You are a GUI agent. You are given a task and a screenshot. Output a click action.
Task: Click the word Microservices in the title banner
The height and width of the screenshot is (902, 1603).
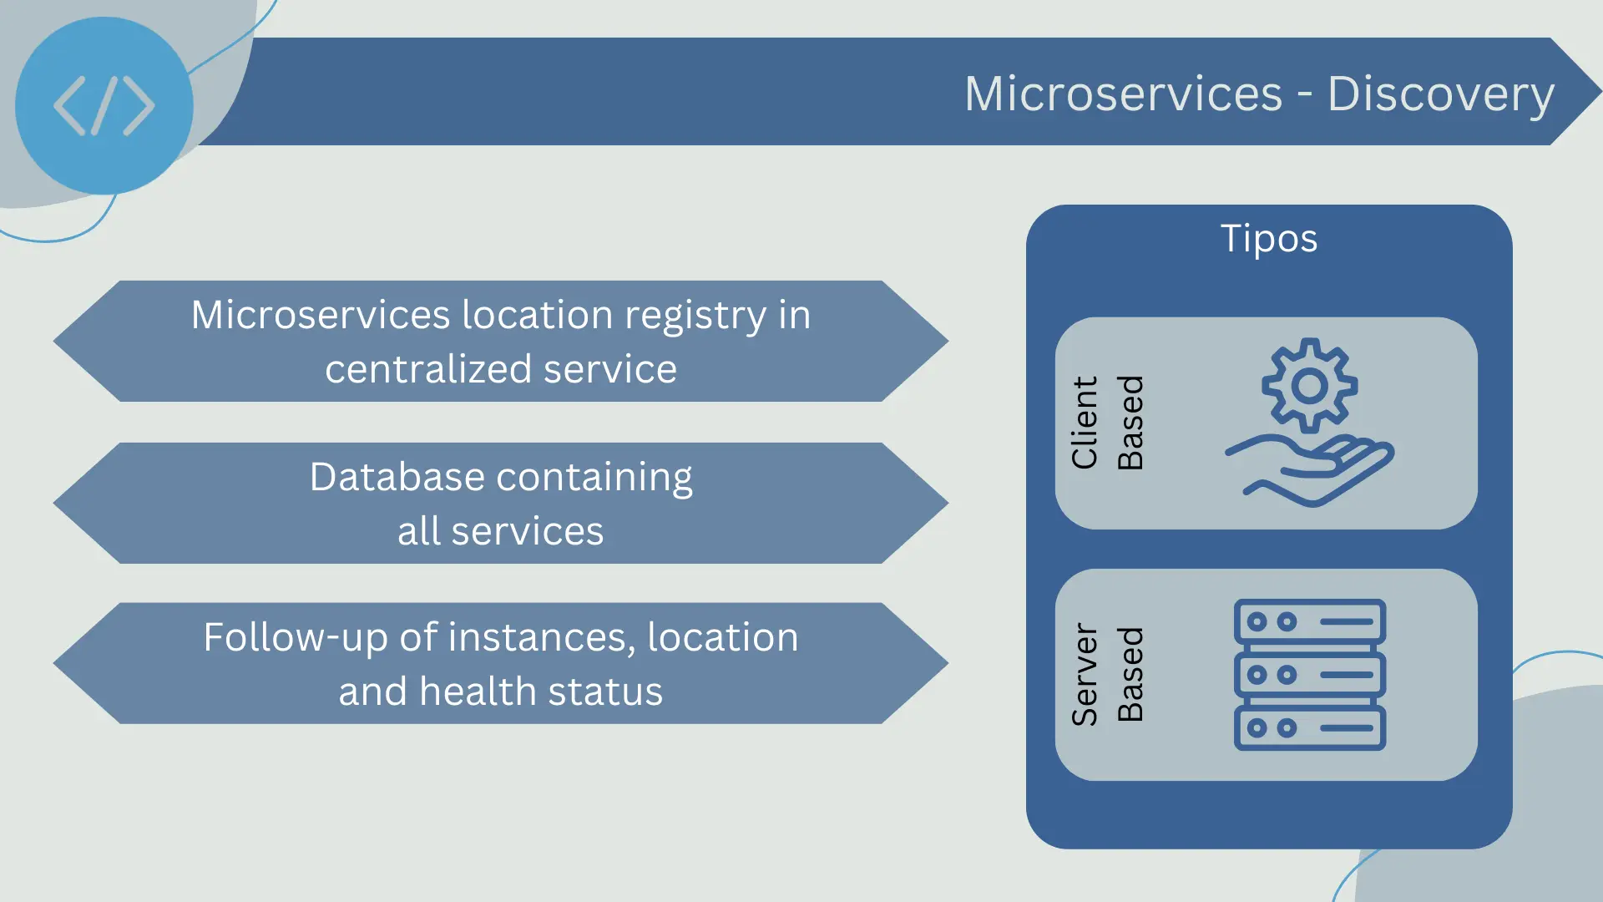pos(1123,94)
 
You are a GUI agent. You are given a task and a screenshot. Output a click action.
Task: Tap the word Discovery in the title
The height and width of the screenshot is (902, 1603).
pos(1440,94)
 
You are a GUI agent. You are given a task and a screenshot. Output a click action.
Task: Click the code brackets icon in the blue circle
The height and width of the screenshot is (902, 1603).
pos(104,106)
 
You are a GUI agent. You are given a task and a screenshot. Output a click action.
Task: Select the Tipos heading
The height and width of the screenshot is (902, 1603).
pos(1269,239)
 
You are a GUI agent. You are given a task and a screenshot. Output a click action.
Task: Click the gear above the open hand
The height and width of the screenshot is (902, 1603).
pos(1309,385)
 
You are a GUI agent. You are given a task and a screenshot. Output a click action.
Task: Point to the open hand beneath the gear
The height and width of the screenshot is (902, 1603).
pos(1309,470)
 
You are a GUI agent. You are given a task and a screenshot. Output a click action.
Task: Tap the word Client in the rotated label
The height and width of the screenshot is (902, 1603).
pos(1085,423)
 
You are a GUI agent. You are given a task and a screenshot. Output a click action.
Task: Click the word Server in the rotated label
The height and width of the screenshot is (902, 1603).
pos(1085,674)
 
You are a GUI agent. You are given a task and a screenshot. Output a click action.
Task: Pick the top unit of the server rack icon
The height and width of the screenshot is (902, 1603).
pos(1310,621)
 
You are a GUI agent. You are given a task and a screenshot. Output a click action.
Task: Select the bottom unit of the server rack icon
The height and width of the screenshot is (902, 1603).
pos(1310,728)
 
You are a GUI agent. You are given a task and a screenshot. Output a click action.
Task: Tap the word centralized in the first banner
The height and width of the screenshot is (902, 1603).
pos(428,369)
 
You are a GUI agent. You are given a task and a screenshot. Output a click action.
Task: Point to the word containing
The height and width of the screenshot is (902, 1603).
pos(594,479)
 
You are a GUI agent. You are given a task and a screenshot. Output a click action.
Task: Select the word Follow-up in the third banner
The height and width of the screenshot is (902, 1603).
pos(296,639)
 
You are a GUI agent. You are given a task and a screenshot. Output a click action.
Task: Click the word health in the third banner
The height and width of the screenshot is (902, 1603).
pos(478,692)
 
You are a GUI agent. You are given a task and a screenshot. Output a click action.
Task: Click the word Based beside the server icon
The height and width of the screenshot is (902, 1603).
pos(1130,674)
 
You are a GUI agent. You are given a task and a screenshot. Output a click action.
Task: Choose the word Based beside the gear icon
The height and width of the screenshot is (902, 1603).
pos(1130,423)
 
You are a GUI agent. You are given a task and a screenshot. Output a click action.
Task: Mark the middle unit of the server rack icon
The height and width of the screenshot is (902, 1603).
pos(1310,675)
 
